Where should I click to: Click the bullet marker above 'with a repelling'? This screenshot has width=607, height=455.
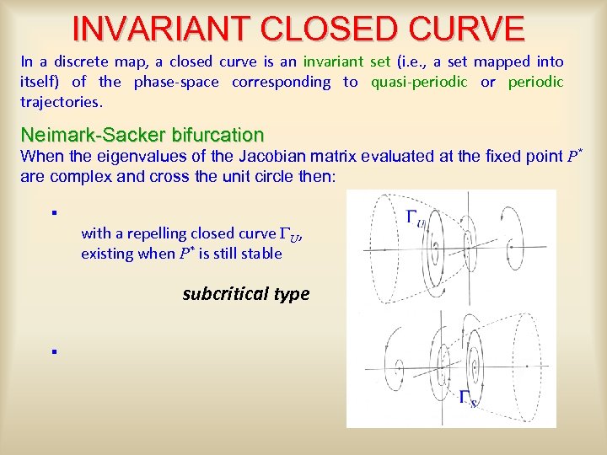tap(52, 212)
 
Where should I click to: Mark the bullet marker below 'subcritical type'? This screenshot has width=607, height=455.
tap(52, 351)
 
